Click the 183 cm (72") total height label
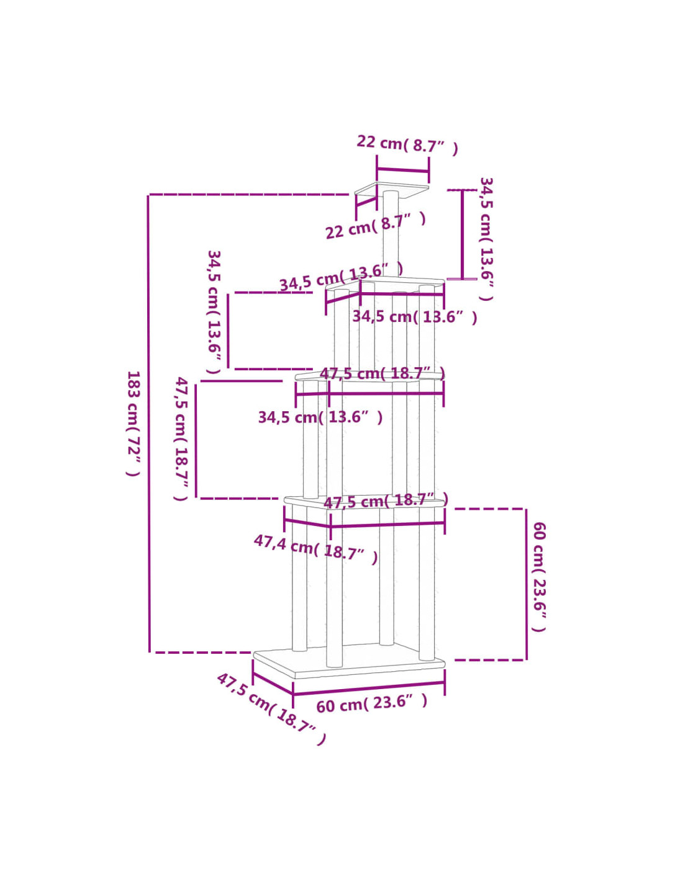point(133,424)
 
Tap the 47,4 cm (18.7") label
point(315,549)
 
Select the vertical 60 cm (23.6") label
point(539,577)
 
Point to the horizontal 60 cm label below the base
point(372,703)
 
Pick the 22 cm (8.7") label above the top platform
point(407,145)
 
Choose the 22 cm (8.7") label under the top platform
point(376,226)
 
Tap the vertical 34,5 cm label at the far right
point(486,239)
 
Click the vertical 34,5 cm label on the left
point(214,312)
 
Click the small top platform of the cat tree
point(391,190)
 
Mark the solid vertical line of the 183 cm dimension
point(149,424)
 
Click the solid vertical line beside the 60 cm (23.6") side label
point(527,584)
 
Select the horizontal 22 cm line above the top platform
point(402,170)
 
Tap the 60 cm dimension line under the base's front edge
point(369,689)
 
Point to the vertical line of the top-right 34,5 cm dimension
point(462,234)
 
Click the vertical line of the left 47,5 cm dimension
point(196,440)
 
